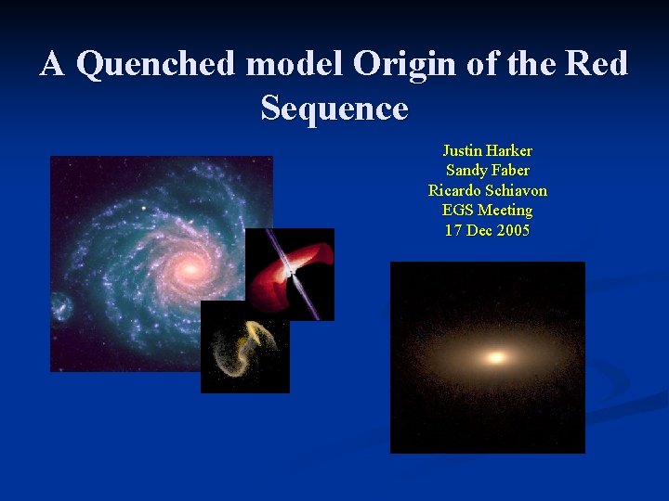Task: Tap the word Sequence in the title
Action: click(334, 109)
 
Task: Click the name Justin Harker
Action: click(487, 150)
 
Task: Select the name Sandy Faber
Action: click(487, 170)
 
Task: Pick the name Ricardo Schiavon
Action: click(487, 190)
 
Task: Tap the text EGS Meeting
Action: click(487, 211)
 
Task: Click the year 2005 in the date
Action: click(513, 230)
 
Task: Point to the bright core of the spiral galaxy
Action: click(190, 269)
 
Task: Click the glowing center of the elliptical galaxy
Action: click(495, 357)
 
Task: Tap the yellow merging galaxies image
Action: click(244, 348)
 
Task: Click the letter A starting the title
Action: click(52, 64)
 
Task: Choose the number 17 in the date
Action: click(453, 230)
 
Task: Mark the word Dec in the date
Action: click(480, 230)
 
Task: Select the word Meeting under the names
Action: click(506, 211)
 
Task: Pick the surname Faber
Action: click(509, 170)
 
